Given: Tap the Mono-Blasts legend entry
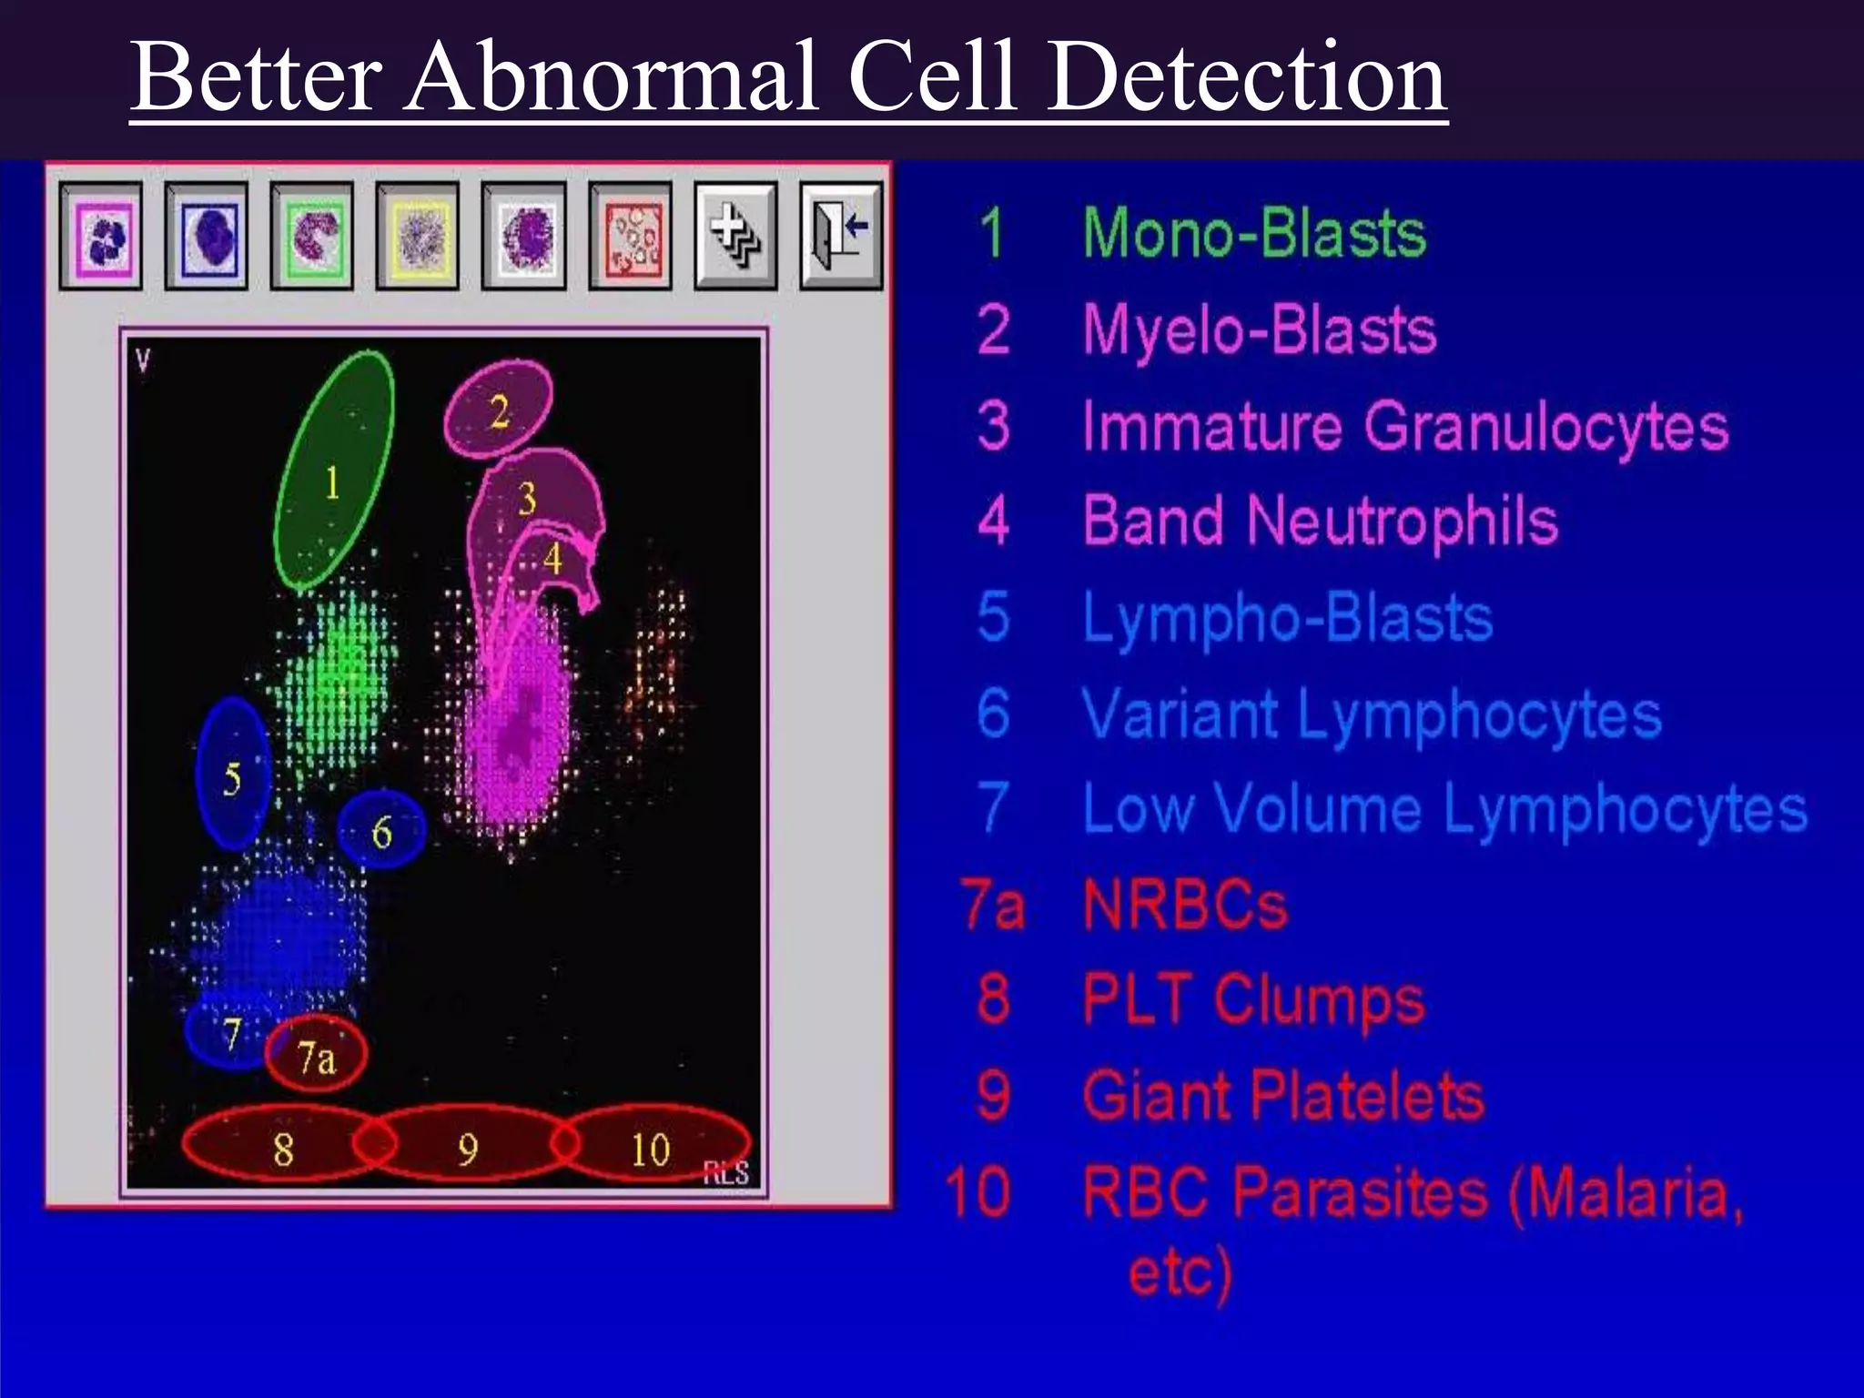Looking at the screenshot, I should coord(1253,233).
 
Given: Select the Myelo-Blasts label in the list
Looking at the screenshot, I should coord(1259,329).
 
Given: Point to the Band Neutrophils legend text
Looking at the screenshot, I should coord(1320,521).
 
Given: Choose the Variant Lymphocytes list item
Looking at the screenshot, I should coord(1372,714).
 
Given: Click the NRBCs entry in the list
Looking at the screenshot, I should coord(1185,906).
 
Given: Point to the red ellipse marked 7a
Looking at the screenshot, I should coord(316,1055).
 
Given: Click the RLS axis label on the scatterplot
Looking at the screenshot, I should coord(725,1171).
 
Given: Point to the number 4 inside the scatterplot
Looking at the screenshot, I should coord(552,559).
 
